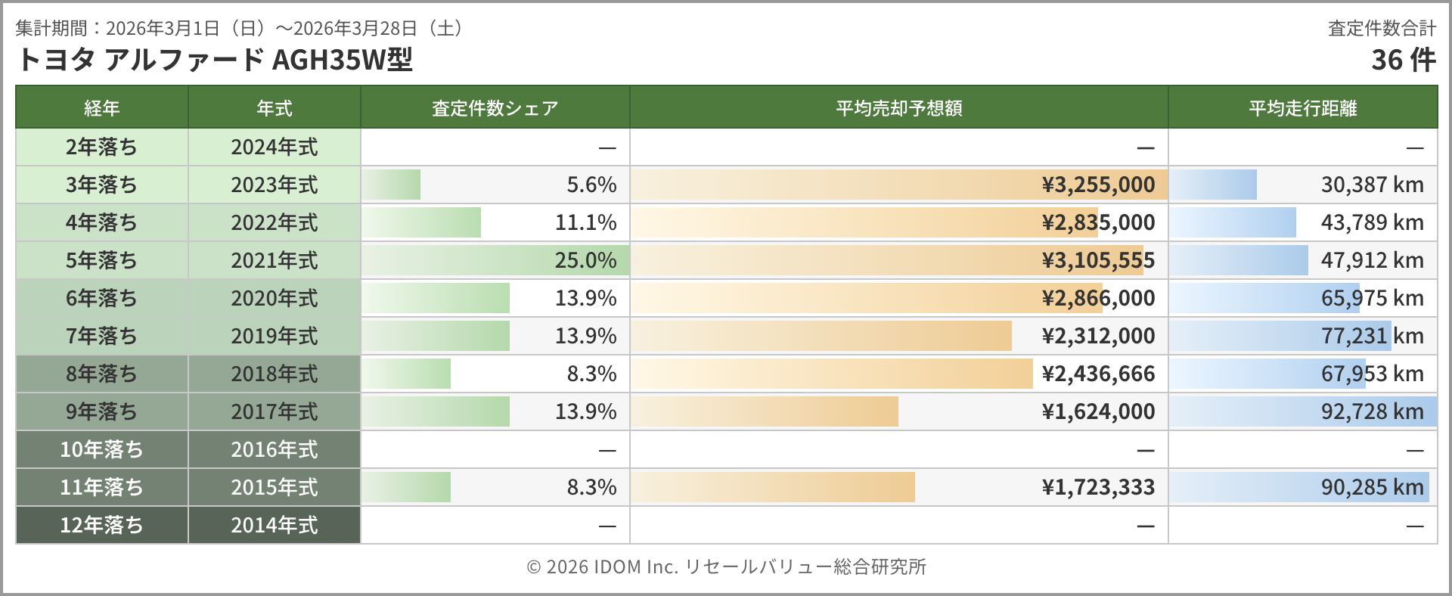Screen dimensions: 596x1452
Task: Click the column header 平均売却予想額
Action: click(x=898, y=108)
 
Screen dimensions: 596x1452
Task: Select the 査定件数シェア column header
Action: click(x=495, y=108)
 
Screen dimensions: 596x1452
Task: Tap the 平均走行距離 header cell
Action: click(x=1302, y=108)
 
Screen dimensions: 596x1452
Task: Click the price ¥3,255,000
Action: click(x=1098, y=185)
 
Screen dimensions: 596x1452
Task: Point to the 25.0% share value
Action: click(x=585, y=260)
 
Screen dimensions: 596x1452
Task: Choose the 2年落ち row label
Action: click(x=101, y=147)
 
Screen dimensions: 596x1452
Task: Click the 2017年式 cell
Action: click(x=274, y=411)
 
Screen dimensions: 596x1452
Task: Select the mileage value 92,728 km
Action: click(x=1372, y=411)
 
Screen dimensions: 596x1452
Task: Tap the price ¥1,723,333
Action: click(x=1098, y=487)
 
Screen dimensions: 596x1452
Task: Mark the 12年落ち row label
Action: click(x=101, y=525)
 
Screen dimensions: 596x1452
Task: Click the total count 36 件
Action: click(x=1404, y=60)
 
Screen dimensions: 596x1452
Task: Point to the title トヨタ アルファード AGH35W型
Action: click(x=215, y=60)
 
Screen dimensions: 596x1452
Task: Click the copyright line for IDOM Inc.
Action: click(x=726, y=567)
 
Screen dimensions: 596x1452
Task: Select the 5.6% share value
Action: click(x=591, y=185)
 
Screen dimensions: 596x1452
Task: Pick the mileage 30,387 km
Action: click(x=1372, y=185)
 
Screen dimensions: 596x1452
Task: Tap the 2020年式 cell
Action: click(x=274, y=298)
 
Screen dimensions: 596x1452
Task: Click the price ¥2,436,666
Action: click(x=1098, y=374)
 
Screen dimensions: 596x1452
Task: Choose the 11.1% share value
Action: click(x=585, y=222)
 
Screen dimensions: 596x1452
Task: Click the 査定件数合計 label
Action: click(x=1382, y=28)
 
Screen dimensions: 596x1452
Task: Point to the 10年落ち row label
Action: click(x=101, y=449)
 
